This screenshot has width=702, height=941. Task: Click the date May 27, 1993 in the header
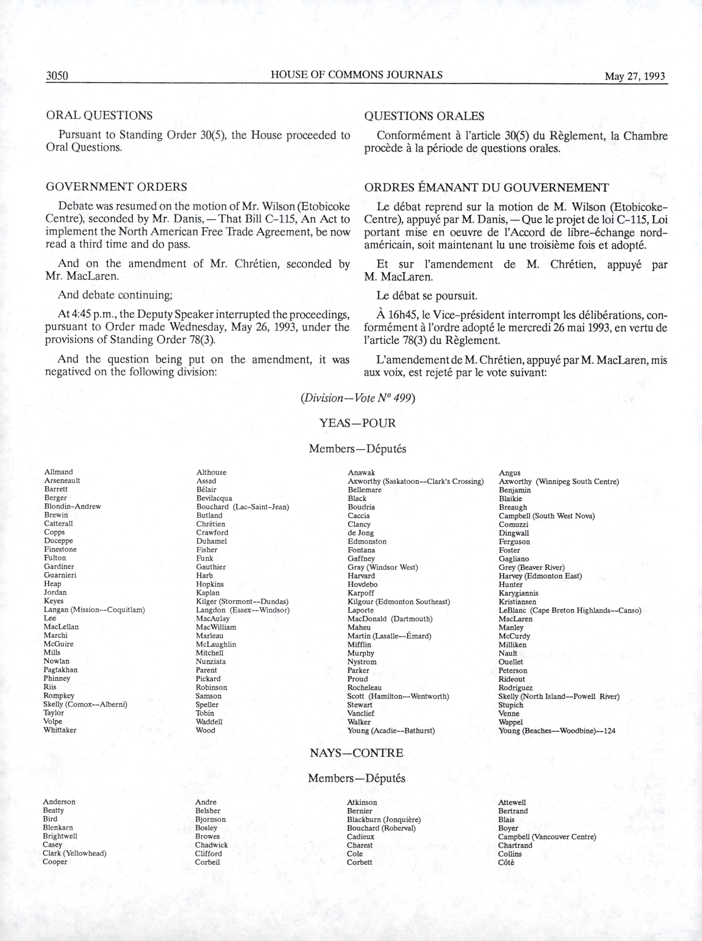click(x=635, y=77)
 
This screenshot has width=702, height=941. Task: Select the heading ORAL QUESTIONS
click(x=99, y=115)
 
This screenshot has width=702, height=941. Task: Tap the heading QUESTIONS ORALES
click(x=424, y=116)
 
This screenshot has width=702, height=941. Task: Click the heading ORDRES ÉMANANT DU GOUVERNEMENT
click(x=487, y=187)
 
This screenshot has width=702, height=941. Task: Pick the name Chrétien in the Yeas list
click(x=211, y=524)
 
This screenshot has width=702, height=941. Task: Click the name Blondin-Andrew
click(x=73, y=506)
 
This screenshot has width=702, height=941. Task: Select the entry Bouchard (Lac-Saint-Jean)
click(x=243, y=507)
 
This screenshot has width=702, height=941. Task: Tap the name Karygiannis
click(x=518, y=593)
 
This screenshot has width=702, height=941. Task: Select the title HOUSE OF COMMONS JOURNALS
click(x=357, y=75)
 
